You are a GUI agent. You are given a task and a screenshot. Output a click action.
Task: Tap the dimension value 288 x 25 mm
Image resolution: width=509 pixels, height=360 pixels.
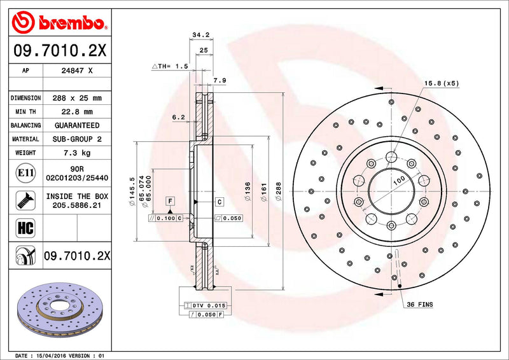click(76, 99)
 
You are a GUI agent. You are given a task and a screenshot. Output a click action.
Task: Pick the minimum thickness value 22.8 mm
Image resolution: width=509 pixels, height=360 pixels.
click(76, 112)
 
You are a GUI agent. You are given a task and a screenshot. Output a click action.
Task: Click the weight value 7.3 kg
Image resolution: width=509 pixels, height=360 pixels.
click(76, 153)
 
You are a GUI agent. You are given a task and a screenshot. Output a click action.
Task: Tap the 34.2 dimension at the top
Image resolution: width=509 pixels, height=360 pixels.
click(200, 35)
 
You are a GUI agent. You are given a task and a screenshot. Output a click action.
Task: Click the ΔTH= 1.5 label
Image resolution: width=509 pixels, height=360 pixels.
click(170, 66)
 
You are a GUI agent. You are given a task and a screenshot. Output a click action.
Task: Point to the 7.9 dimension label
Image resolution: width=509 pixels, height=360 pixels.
click(220, 80)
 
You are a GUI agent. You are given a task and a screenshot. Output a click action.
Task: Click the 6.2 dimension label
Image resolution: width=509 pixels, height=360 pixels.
click(179, 117)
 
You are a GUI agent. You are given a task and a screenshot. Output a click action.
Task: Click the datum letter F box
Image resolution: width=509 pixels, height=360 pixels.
click(171, 202)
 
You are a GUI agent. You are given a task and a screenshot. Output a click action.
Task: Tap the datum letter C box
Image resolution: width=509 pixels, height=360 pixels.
click(219, 202)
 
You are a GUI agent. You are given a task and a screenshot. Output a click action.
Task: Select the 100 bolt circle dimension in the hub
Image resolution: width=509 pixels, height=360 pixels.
click(398, 181)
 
